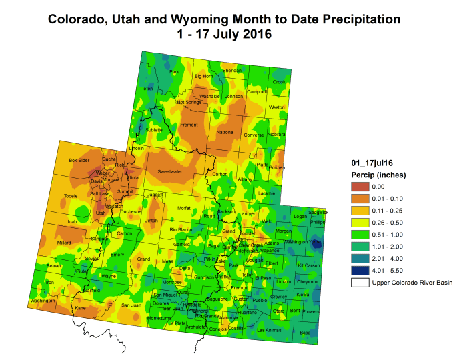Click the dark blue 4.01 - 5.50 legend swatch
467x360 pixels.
(x=361, y=271)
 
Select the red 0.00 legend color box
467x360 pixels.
(x=361, y=187)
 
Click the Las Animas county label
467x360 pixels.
(x=269, y=330)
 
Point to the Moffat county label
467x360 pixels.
(x=183, y=208)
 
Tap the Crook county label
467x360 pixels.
(x=278, y=82)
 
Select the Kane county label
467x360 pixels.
(x=81, y=308)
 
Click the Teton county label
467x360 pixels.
(x=147, y=88)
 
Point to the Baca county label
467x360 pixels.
(x=305, y=332)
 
